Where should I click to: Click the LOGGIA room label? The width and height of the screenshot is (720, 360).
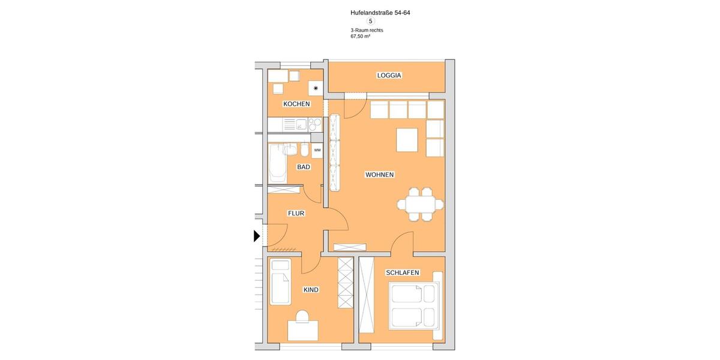tap(389, 76)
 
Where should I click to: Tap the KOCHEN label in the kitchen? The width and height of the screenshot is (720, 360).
tap(296, 104)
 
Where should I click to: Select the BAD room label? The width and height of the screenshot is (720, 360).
tap(304, 167)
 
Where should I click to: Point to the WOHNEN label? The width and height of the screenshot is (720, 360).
tap(379, 175)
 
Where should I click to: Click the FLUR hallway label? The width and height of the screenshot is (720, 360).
tap(296, 213)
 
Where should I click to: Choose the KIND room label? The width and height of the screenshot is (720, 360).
tap(311, 290)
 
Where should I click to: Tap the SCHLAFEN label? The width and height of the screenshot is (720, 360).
tap(402, 272)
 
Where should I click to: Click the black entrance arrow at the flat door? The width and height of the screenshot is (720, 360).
tap(257, 236)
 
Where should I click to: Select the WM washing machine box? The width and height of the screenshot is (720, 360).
tap(317, 150)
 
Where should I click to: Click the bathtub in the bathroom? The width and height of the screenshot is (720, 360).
tap(277, 163)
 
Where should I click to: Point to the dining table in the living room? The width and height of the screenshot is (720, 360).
tap(421, 205)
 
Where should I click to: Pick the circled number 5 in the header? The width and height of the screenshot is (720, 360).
tap(370, 21)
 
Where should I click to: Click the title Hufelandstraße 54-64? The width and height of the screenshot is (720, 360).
tap(380, 12)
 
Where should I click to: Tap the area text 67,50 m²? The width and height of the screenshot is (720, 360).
tap(360, 36)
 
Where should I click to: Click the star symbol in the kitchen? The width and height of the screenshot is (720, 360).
tap(316, 88)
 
